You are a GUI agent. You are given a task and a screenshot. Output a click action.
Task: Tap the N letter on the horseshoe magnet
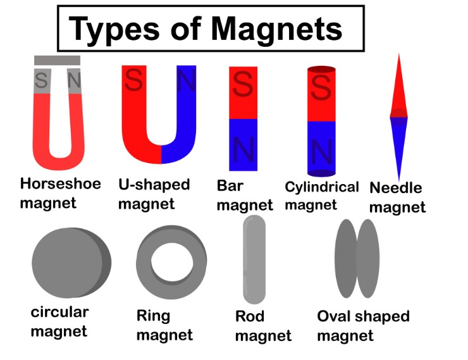pos(74,80)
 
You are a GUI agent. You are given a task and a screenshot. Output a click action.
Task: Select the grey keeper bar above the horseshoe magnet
pos(58,60)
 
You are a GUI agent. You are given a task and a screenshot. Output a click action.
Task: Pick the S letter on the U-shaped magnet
pos(133,80)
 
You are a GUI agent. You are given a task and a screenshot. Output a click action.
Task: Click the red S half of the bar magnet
pos(243,92)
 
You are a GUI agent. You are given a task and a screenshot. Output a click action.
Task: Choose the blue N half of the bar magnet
pos(243,146)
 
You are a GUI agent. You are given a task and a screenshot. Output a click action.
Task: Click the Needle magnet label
pos(397,197)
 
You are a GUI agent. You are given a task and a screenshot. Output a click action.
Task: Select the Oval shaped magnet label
pos(363,325)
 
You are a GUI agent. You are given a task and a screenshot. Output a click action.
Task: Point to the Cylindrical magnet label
pos(321,196)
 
